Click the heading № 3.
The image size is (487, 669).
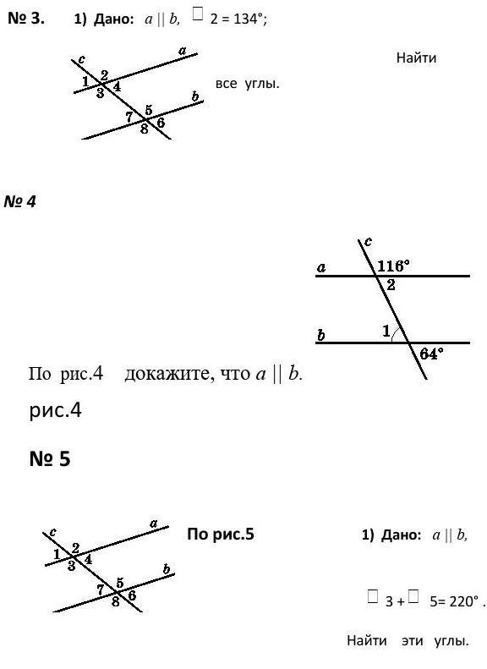26,19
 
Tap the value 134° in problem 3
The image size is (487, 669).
248,19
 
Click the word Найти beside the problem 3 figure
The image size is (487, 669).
416,58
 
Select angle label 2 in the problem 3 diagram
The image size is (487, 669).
104,75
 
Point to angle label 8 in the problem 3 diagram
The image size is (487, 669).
145,129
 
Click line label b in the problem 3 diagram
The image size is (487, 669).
195,96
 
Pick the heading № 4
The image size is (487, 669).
19,201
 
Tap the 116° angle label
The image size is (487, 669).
393,266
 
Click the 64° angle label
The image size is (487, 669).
431,354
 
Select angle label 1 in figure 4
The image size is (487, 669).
386,331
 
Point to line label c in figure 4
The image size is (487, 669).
368,242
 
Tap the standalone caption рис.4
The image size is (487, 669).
55,410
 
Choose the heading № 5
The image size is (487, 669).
50,458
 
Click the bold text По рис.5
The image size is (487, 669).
221,534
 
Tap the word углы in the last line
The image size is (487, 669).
451,640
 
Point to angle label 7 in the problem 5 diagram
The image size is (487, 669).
101,589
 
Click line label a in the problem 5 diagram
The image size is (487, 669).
154,523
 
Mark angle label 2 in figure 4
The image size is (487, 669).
391,284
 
